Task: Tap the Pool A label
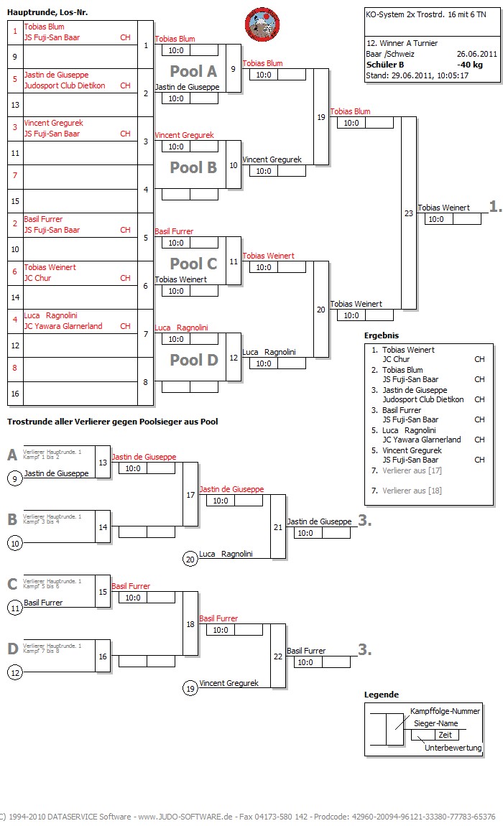[x=193, y=71]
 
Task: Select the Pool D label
[x=193, y=360]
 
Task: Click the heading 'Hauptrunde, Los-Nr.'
[x=47, y=12]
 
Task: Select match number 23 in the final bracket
[x=409, y=213]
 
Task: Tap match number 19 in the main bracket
[x=320, y=117]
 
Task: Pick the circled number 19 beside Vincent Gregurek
[x=190, y=689]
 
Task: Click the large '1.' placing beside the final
[x=495, y=207]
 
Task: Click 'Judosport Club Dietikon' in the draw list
[x=65, y=85]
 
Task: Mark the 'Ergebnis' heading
[x=382, y=335]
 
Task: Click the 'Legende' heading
[x=381, y=695]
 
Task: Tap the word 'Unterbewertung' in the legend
[x=453, y=748]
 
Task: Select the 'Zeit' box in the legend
[x=446, y=735]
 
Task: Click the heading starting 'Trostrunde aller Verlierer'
[x=112, y=422]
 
